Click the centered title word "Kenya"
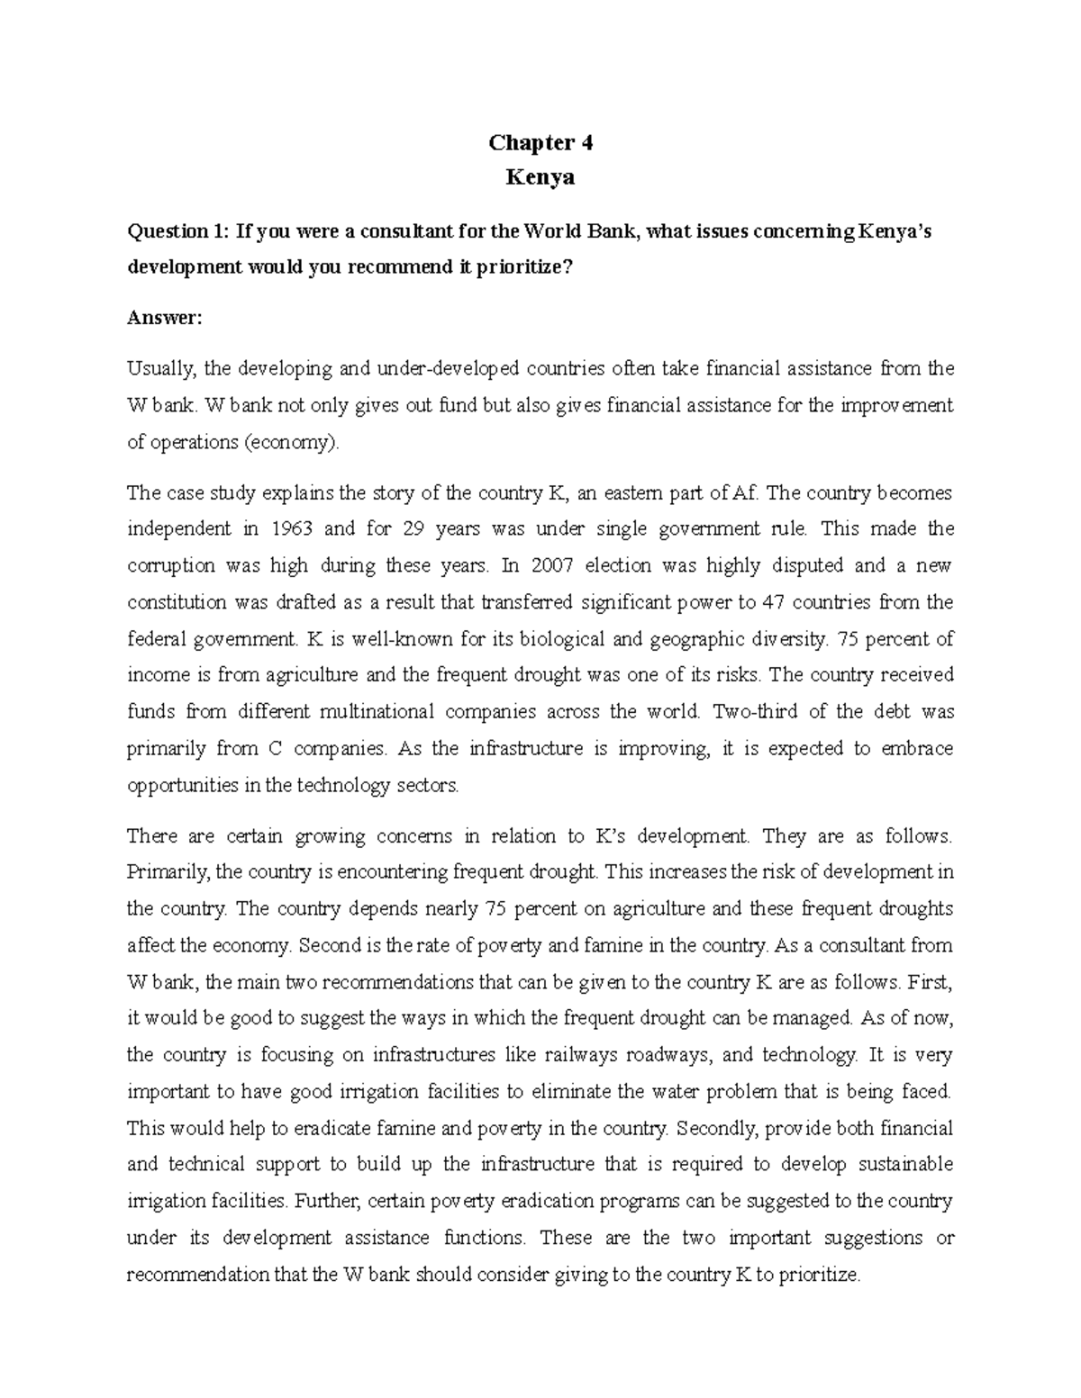(x=540, y=177)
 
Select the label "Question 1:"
(x=177, y=231)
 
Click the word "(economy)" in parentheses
(x=296, y=442)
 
